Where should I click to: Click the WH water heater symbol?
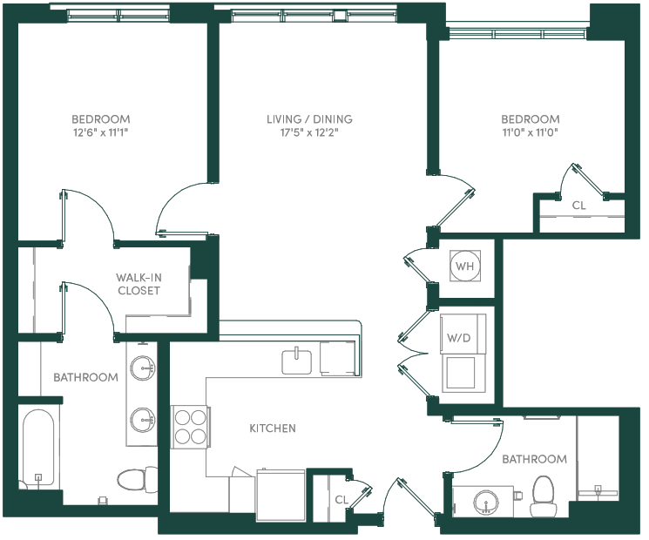(465, 266)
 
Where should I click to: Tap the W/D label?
(458, 338)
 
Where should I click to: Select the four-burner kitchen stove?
(191, 427)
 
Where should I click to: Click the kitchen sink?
(297, 361)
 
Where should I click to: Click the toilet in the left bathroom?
(137, 479)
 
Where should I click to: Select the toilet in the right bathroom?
(543, 496)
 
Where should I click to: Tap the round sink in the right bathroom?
(486, 503)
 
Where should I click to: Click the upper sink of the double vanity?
(143, 368)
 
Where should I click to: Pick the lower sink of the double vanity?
(143, 420)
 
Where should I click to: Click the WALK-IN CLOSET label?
(139, 284)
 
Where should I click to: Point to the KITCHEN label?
(273, 429)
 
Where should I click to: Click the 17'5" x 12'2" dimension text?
(309, 132)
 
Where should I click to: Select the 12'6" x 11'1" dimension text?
(101, 132)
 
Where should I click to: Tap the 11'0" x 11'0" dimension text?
(531, 132)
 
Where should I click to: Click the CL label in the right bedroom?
(578, 206)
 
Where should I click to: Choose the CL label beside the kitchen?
(341, 500)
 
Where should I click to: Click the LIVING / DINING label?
(309, 119)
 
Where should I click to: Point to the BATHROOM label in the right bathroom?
(534, 459)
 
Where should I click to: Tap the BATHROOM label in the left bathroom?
(85, 377)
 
